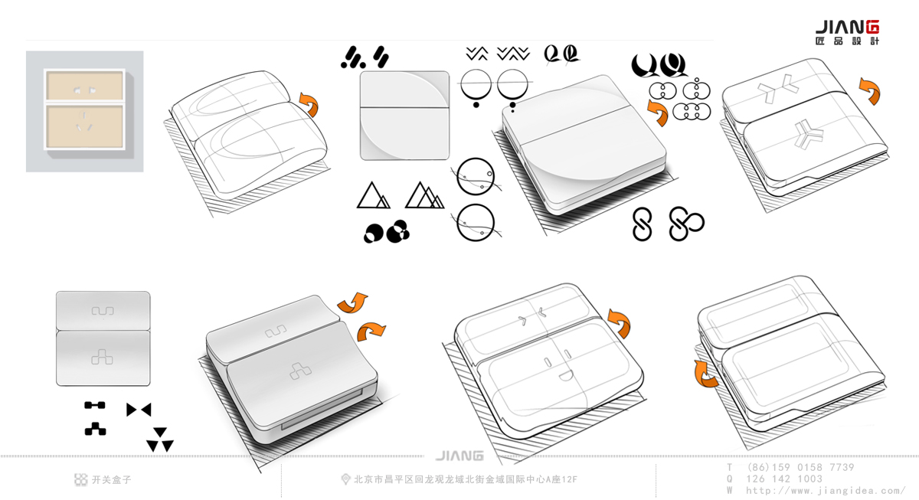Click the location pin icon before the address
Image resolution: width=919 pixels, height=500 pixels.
[345, 479]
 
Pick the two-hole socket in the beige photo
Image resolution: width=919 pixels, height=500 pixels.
[84, 90]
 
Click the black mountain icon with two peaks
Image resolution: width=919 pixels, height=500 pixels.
[373, 195]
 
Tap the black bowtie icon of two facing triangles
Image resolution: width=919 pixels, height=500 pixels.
[139, 410]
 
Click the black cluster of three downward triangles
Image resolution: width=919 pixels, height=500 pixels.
[160, 440]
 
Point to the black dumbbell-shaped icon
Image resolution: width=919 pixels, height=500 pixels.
[94, 405]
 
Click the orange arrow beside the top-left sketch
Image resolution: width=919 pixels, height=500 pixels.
[309, 103]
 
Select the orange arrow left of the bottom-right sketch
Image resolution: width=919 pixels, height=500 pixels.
[706, 374]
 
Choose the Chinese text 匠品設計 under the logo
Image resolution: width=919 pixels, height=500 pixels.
[847, 41]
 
